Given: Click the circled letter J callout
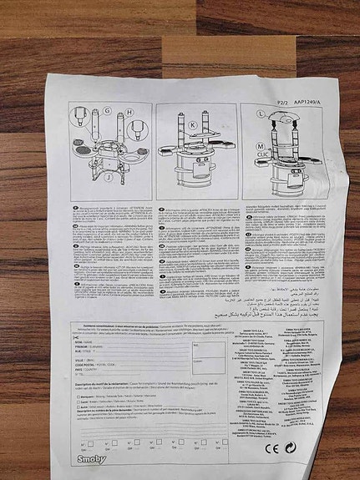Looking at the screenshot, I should pos(108,177).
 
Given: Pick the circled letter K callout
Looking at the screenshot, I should pos(192,125).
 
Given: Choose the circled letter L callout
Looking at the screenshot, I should pos(261,132).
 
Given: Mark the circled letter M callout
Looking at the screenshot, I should pos(261,146).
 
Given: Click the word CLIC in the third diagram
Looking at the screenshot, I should pos(261,154).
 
